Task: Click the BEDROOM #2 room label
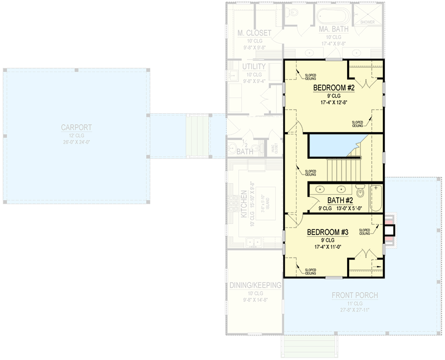click(x=334, y=88)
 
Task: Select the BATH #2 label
click(x=339, y=200)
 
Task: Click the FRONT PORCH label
click(x=355, y=295)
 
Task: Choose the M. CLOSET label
click(x=254, y=33)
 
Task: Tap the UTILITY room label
click(x=254, y=67)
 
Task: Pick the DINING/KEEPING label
click(x=255, y=285)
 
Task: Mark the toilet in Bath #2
click(x=360, y=191)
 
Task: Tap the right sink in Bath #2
click(x=341, y=189)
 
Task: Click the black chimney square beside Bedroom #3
click(x=390, y=230)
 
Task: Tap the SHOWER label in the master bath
click(x=367, y=22)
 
